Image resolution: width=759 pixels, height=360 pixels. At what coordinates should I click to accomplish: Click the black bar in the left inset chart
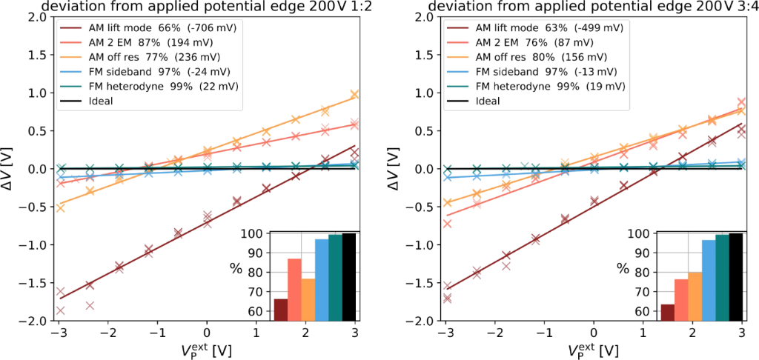[x=349, y=277]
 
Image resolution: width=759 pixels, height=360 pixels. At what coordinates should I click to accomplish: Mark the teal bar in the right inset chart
[x=723, y=278]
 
